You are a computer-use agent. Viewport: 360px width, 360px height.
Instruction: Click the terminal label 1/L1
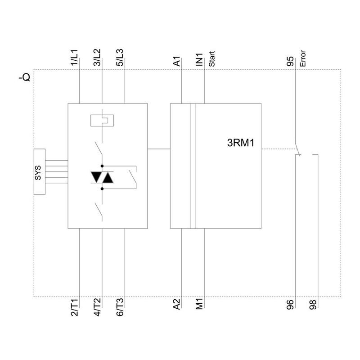tap(74, 58)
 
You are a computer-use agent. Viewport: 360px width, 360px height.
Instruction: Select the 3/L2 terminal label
tap(97, 58)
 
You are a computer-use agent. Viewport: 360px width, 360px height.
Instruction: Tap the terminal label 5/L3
tap(120, 58)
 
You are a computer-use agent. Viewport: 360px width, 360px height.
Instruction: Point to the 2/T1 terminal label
tap(74, 307)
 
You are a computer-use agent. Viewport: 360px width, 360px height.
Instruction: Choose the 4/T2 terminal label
tap(97, 307)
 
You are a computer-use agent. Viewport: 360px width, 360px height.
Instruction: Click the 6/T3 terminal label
tap(120, 307)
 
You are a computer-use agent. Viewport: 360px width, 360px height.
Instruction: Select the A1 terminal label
tap(176, 62)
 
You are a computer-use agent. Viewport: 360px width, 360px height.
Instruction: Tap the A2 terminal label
tap(176, 304)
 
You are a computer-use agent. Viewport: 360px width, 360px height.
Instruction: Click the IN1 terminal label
tap(199, 59)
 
